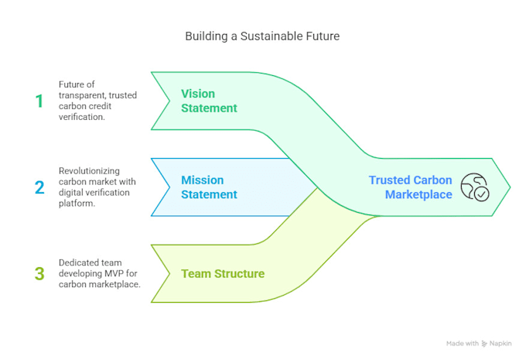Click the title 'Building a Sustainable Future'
pos(262,36)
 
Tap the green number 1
pos(39,101)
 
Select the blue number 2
pos(39,187)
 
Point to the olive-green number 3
pos(39,273)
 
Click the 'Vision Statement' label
pos(209,101)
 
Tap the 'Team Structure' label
pos(223,273)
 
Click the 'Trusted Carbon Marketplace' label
pos(410,187)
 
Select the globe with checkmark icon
pos(474,187)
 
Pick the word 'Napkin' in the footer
pos(501,343)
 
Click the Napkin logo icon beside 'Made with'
pos(484,343)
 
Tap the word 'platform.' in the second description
pos(78,204)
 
